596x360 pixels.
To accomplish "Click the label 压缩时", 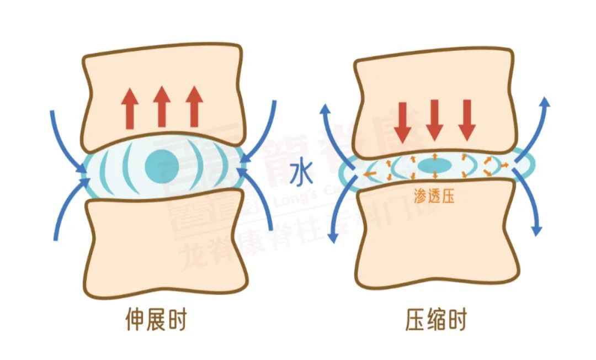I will pyautogui.click(x=434, y=320).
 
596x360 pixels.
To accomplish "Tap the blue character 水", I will pyautogui.click(x=302, y=175).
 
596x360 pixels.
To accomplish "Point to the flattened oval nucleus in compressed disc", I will pyautogui.click(x=435, y=165).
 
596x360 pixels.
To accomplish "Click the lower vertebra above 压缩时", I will pyautogui.click(x=436, y=243).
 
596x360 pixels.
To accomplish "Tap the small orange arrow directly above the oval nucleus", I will pyautogui.click(x=435, y=155).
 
